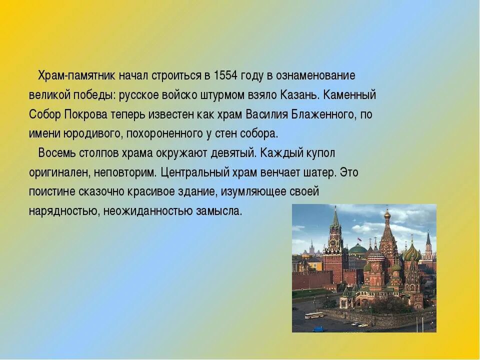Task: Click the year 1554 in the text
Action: [226, 75]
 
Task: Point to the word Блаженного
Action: [323, 114]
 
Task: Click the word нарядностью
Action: [63, 211]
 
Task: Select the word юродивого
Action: [93, 134]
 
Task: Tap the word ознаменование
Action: [315, 75]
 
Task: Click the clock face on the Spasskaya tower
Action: [333, 243]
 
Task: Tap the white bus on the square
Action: [313, 315]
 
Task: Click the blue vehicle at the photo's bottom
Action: [318, 329]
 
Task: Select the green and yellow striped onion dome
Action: [411, 253]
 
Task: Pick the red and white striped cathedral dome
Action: [376, 256]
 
